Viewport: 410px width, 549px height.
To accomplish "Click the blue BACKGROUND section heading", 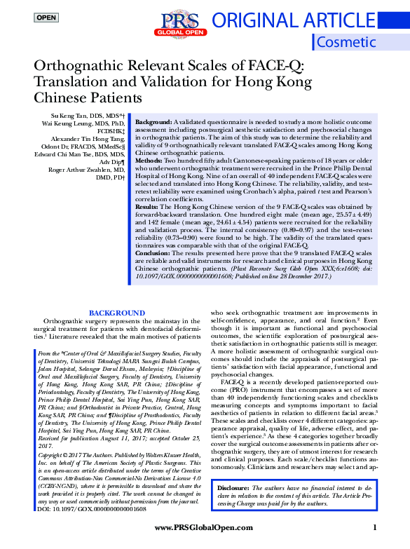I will click(x=117, y=312).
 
